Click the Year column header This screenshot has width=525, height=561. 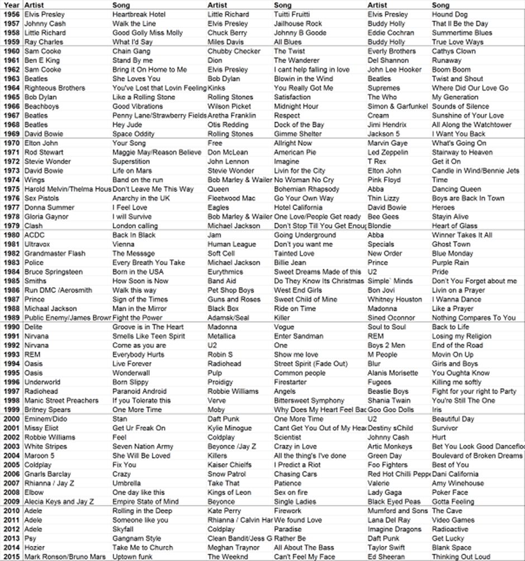[11, 5]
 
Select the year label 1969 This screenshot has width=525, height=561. [12, 134]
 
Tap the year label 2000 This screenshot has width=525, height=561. [12, 419]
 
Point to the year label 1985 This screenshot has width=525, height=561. [12, 281]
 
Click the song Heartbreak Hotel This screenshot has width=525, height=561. [139, 14]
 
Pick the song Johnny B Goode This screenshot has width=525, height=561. [300, 32]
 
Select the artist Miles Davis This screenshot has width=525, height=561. [227, 42]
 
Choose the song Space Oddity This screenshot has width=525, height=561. [133, 134]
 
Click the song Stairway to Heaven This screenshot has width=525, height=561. [462, 152]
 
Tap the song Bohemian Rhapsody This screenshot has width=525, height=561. [307, 189]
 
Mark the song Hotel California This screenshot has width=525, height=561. [299, 208]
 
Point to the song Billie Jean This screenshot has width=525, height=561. [290, 262]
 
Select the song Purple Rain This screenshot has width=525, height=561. [450, 262]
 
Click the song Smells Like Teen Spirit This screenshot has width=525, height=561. [149, 336]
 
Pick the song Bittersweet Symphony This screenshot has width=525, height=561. [309, 400]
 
